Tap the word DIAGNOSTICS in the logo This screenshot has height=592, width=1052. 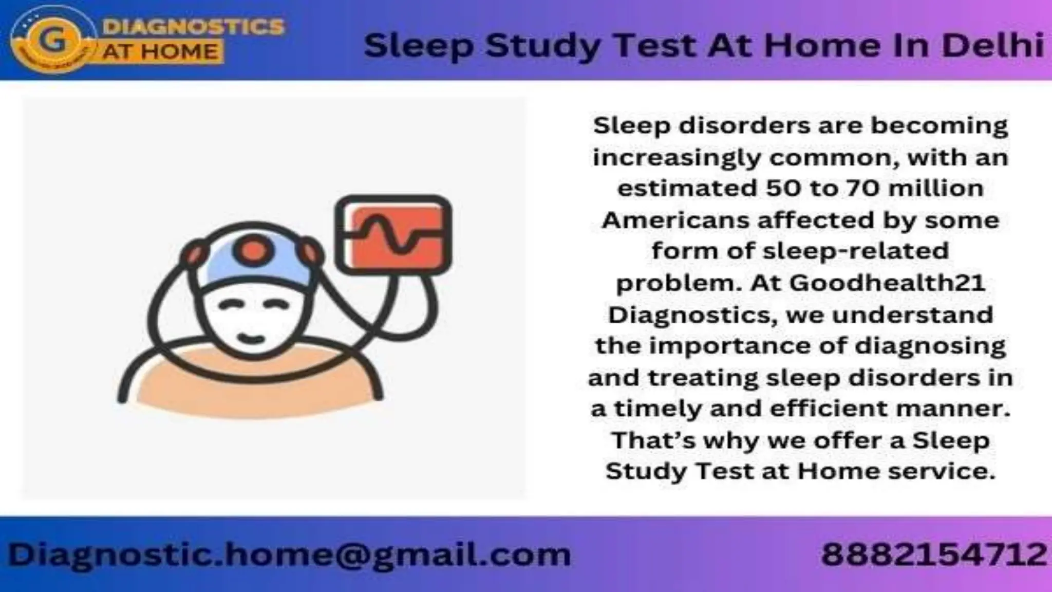tap(193, 27)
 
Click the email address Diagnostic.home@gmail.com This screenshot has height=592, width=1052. tap(289, 555)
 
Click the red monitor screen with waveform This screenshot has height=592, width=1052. tap(393, 234)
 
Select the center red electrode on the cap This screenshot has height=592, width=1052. tap(252, 251)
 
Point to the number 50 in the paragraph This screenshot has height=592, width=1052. tap(783, 189)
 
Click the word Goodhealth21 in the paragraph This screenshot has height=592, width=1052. tap(887, 283)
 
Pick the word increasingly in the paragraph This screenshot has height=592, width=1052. tap(676, 158)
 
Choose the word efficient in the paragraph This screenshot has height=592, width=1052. tap(829, 409)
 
